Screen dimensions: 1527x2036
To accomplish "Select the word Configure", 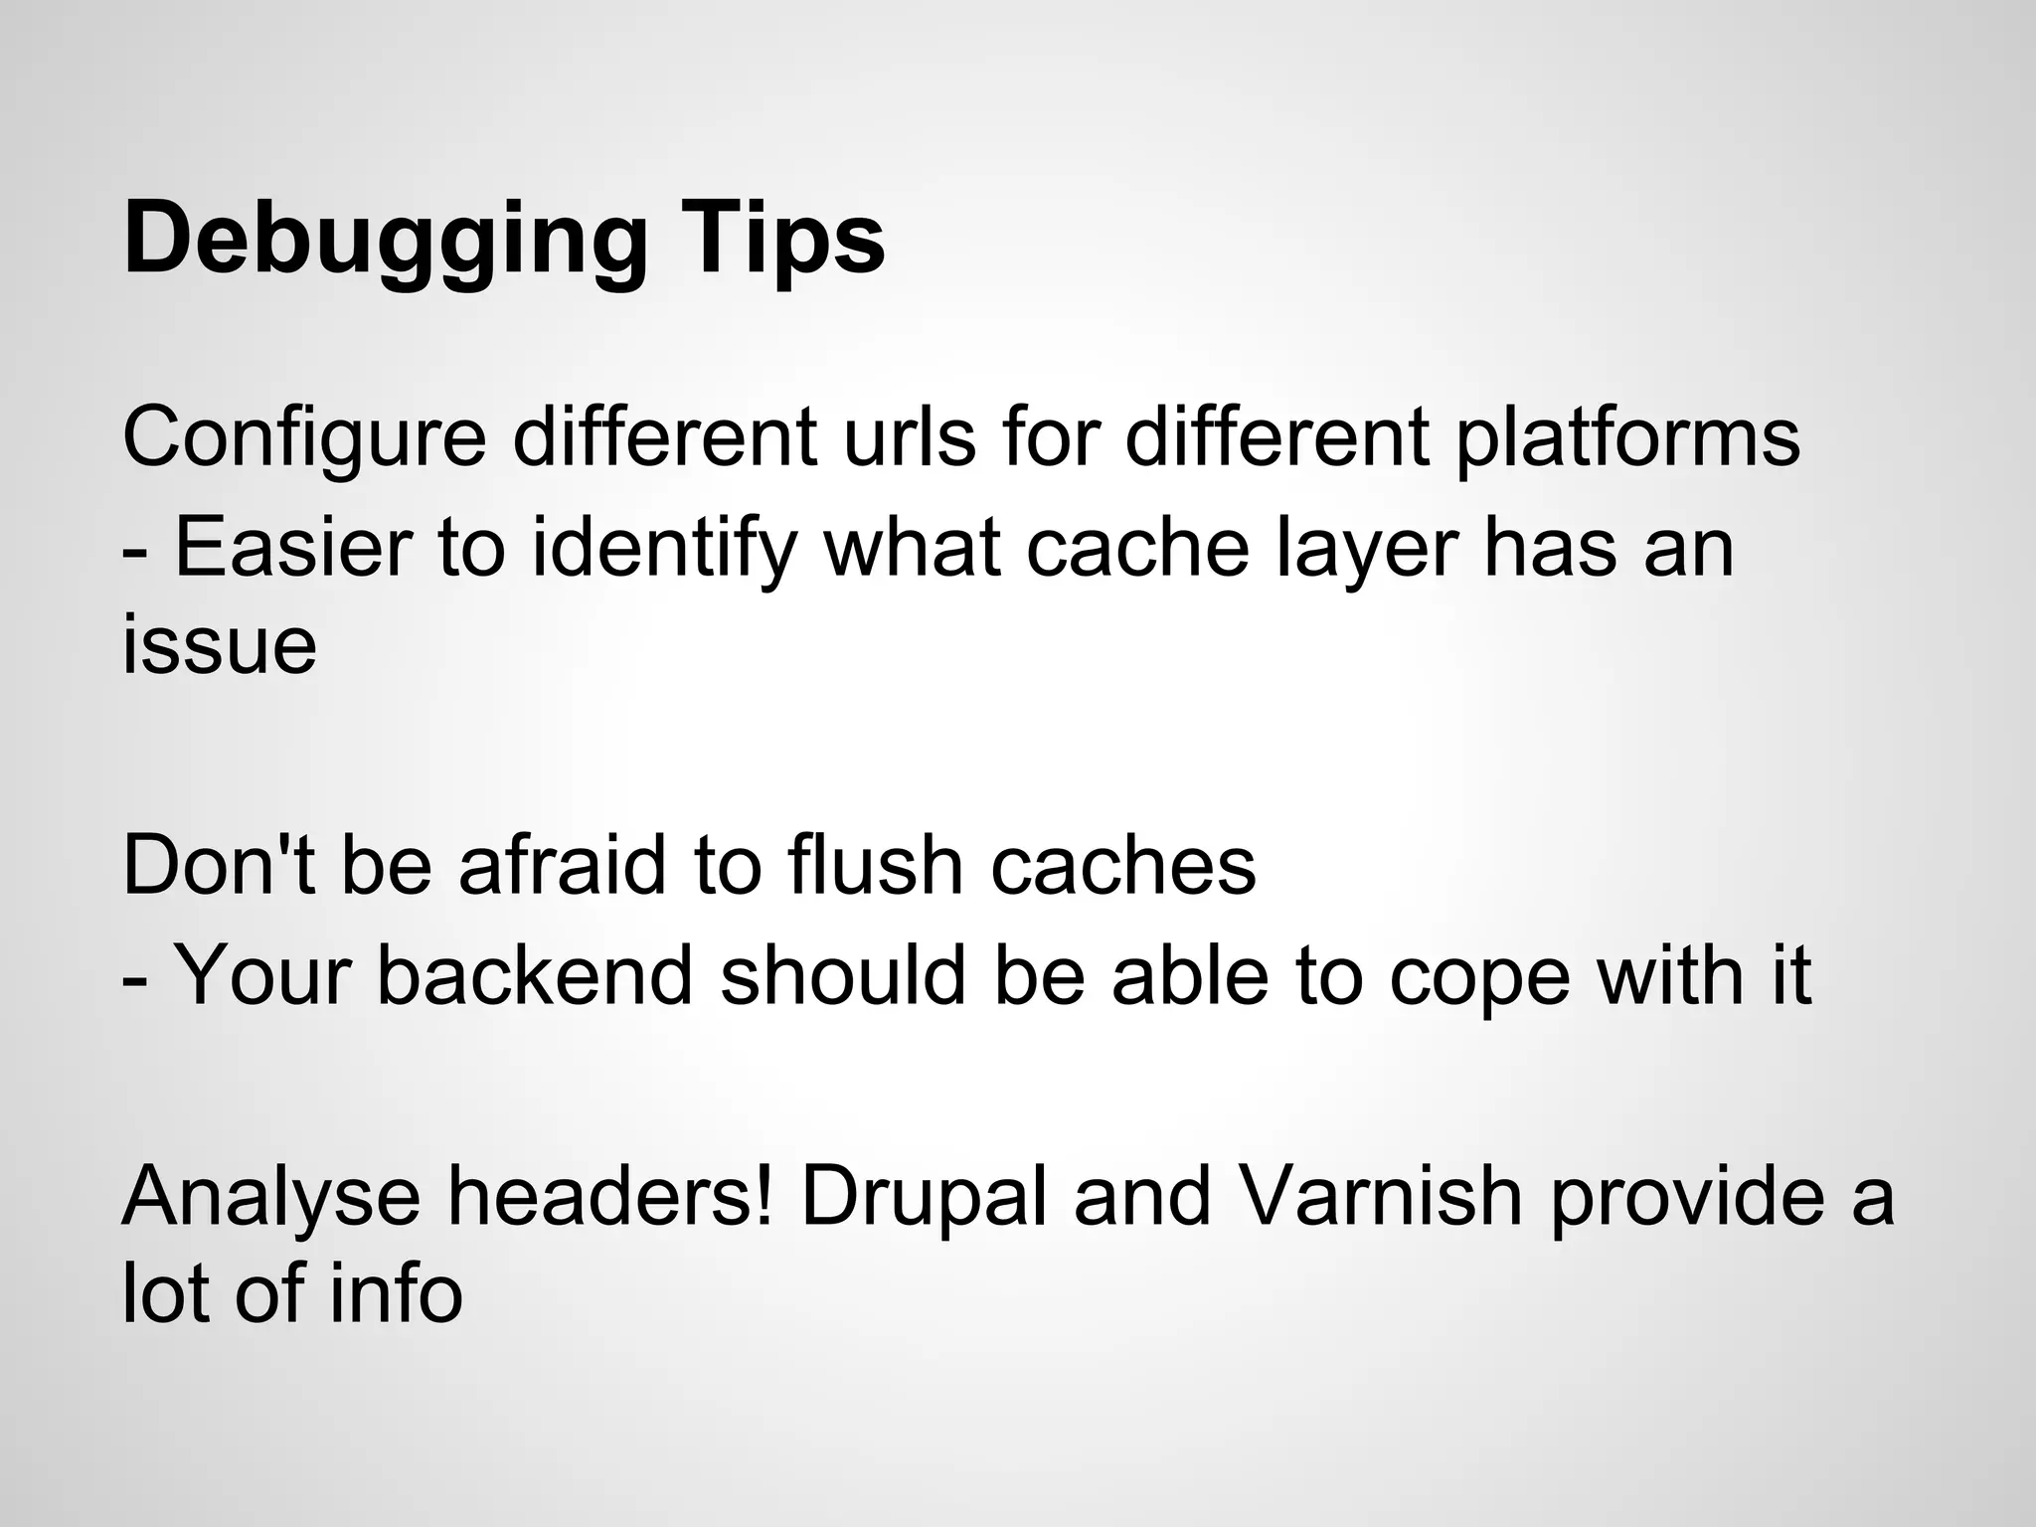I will pyautogui.click(x=304, y=438).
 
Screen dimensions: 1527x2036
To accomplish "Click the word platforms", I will pyautogui.click(x=1627, y=438).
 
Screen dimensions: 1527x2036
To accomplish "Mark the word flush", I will pyautogui.click(x=876, y=866).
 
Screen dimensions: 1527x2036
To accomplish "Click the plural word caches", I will pyautogui.click(x=1123, y=866).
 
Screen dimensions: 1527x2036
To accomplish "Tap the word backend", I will pyautogui.click(x=536, y=975).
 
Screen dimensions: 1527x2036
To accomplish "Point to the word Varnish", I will pyautogui.click(x=1381, y=1196).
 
